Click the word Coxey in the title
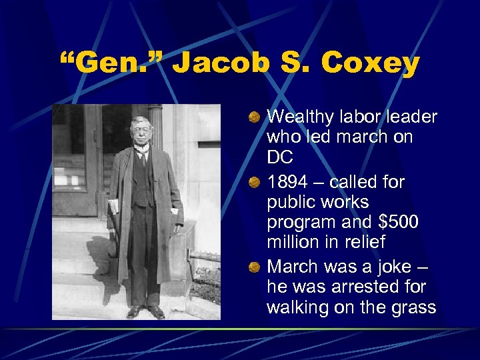[x=371, y=64]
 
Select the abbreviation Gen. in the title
[x=110, y=64]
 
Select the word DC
[x=280, y=159]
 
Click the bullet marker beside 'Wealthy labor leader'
[x=255, y=117]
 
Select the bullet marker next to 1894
[x=255, y=182]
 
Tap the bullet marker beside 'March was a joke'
[x=255, y=267]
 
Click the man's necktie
[x=143, y=157]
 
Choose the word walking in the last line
[x=297, y=307]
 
